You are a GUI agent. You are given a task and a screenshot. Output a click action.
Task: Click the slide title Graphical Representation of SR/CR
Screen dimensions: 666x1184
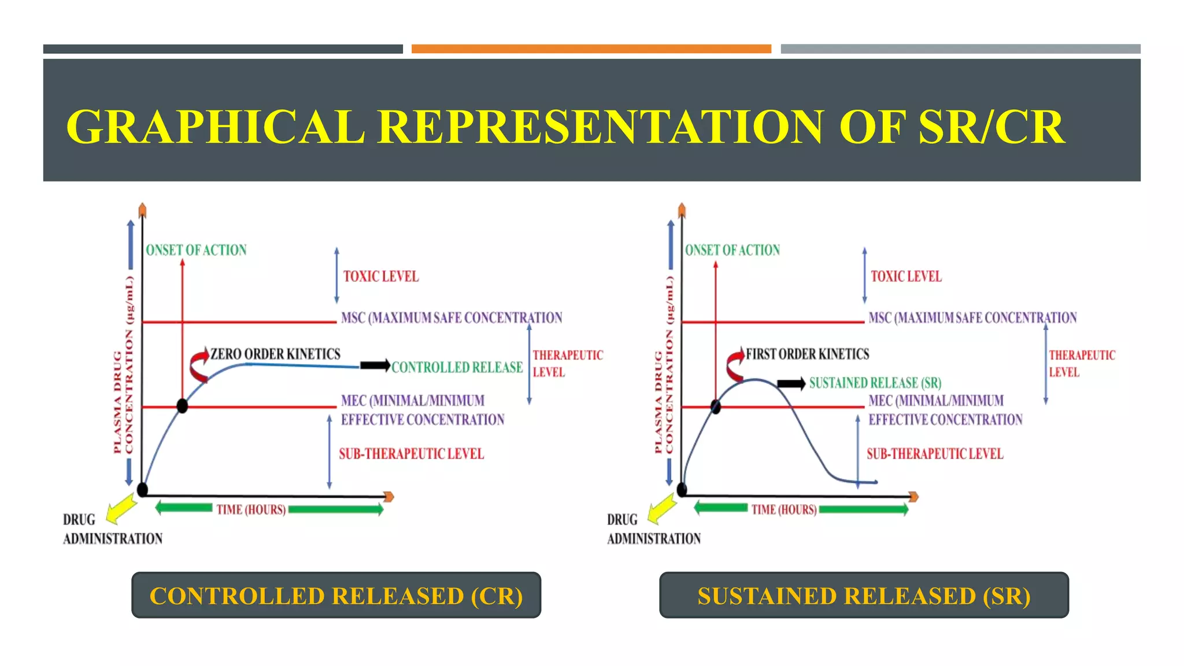click(x=565, y=127)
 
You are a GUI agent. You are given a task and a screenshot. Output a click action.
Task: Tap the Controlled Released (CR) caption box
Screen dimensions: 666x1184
click(x=336, y=595)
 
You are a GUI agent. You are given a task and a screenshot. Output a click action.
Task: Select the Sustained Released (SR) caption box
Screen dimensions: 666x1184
click(x=864, y=595)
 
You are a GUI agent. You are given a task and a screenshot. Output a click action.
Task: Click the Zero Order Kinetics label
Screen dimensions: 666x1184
click(x=275, y=354)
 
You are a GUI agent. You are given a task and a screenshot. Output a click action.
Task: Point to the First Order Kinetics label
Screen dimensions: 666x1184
click(x=807, y=354)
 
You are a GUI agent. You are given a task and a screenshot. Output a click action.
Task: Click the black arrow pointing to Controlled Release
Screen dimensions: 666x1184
click(x=375, y=365)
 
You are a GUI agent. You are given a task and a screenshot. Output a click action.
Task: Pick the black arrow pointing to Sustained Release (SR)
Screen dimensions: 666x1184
click(x=791, y=383)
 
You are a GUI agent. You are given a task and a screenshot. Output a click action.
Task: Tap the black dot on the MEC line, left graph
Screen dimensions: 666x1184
click(x=182, y=406)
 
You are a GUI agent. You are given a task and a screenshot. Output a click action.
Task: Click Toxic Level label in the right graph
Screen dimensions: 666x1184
click(x=906, y=276)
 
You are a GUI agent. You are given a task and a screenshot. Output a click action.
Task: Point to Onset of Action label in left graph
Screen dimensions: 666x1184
click(x=196, y=250)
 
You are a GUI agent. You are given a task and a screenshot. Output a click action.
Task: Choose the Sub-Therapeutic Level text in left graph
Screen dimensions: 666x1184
click(x=411, y=454)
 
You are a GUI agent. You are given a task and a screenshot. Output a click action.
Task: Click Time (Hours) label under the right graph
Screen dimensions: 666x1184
click(x=784, y=509)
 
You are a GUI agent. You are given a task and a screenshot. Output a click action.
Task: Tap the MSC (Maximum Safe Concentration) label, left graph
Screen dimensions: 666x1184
click(x=451, y=317)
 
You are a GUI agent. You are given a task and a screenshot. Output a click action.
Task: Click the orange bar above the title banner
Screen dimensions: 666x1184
click(x=591, y=49)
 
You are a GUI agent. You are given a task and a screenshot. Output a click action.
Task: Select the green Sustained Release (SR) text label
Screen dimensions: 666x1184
click(x=875, y=383)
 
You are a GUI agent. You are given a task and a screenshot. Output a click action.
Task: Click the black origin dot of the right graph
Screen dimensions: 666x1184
click(x=682, y=490)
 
